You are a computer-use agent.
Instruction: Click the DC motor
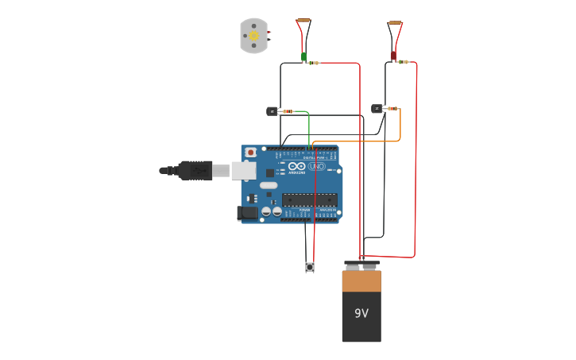coord(254,36)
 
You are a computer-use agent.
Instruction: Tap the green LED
coord(303,56)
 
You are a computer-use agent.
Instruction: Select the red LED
coord(392,56)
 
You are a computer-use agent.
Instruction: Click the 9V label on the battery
coord(361,313)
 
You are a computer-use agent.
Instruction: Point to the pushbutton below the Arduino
coord(310,267)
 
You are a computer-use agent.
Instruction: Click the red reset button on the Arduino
coord(251,152)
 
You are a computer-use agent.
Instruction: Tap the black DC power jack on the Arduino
coord(248,212)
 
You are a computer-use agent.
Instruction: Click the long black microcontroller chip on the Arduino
coord(310,200)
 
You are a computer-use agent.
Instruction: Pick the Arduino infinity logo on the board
coord(297,167)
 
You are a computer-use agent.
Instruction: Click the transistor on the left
coord(272,111)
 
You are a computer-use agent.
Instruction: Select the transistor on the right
coord(377,109)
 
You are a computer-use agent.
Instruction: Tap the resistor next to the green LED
coord(315,63)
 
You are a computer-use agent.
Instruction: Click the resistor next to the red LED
coord(404,62)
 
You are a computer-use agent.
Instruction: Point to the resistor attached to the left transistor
coord(288,111)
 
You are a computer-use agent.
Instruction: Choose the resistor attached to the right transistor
coord(392,108)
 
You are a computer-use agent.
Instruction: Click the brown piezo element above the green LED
coord(303,21)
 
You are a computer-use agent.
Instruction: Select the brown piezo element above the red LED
coord(395,23)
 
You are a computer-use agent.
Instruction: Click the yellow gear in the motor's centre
coord(254,36)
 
